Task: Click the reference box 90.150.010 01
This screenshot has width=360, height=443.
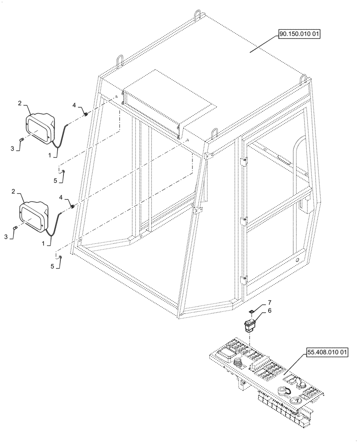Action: tap(299, 34)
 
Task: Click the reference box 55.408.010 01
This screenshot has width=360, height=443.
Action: tap(327, 353)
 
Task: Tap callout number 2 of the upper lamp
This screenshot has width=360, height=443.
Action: tap(20, 103)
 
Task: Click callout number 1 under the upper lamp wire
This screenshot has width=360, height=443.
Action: tap(50, 155)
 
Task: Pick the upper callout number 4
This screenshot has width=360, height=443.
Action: tap(74, 105)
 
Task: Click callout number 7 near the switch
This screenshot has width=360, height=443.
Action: tap(269, 303)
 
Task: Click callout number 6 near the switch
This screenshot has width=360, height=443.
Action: tap(270, 312)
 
